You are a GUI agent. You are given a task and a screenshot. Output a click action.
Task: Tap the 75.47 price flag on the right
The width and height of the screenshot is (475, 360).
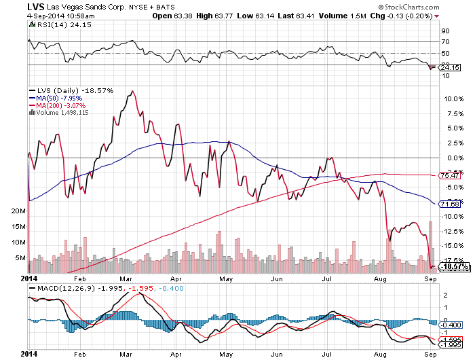[451, 175]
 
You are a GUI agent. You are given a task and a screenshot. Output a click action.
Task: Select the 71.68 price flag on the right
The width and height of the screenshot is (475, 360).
[451, 203]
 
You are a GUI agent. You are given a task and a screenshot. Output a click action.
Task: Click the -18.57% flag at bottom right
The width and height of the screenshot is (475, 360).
[451, 267]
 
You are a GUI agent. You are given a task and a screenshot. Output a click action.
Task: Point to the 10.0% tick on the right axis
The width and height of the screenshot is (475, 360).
[451, 98]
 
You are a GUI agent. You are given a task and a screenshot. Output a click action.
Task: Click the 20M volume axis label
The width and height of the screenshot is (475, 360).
[18, 211]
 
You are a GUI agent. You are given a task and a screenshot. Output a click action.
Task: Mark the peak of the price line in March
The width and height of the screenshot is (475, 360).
[131, 90]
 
